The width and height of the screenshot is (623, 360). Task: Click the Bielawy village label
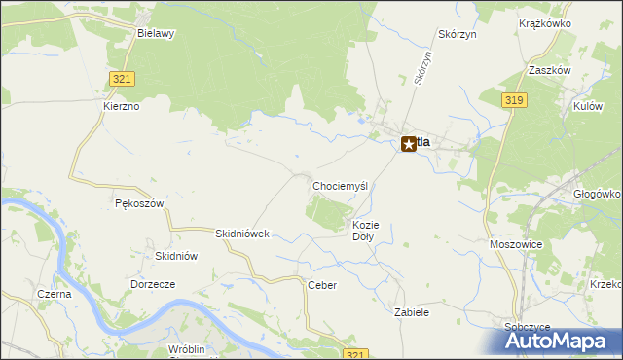tap(156, 32)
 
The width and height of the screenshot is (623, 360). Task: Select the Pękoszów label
tap(138, 203)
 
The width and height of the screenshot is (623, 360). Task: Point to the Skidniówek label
tap(241, 234)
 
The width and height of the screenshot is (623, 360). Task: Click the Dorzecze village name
tap(152, 284)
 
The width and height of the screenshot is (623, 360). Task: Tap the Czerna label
tap(54, 293)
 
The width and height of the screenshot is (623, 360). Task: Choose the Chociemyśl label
tap(340, 185)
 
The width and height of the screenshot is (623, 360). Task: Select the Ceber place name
tap(321, 285)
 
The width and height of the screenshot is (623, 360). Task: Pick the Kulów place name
tap(587, 105)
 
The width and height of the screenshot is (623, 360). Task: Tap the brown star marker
tap(409, 143)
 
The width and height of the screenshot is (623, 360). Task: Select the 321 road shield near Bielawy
tap(122, 79)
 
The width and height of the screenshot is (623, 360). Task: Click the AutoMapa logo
tap(560, 340)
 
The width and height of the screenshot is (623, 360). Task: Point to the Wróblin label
tap(185, 348)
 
